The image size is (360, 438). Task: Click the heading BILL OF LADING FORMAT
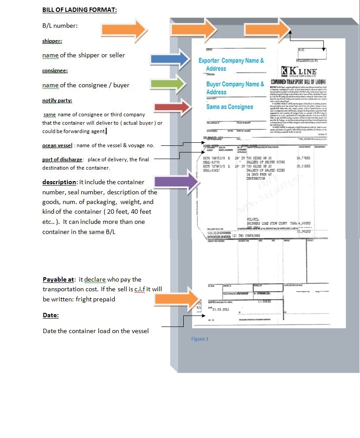click(x=79, y=9)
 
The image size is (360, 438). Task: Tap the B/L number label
click(x=60, y=26)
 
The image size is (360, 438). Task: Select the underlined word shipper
click(x=52, y=41)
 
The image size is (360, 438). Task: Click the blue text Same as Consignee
click(x=230, y=107)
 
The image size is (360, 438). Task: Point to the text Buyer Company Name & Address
click(x=235, y=88)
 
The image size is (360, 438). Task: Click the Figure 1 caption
click(x=200, y=339)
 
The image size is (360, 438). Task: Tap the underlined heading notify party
click(x=57, y=101)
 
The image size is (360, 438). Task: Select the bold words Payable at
click(x=58, y=279)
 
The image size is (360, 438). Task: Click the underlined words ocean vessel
click(x=57, y=145)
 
